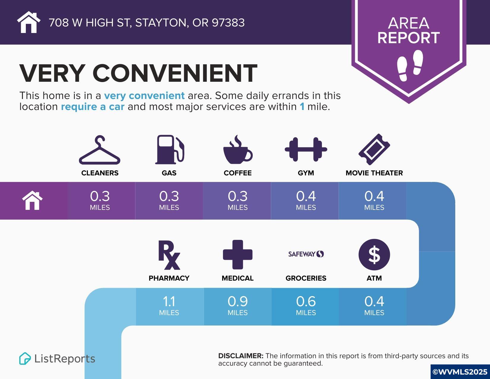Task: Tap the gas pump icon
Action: pyautogui.click(x=170, y=150)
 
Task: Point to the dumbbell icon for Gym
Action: pyautogui.click(x=306, y=149)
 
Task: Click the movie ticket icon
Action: pyautogui.click(x=374, y=149)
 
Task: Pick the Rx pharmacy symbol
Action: pyautogui.click(x=169, y=255)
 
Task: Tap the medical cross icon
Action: pyautogui.click(x=238, y=255)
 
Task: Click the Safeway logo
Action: pyautogui.click(x=306, y=254)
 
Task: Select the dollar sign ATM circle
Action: pyautogui.click(x=374, y=255)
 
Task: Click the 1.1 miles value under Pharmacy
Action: pyautogui.click(x=169, y=306)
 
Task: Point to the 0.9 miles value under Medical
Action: pyautogui.click(x=238, y=306)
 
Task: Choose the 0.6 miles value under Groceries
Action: pyautogui.click(x=306, y=306)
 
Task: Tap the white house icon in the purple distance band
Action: pyautogui.click(x=32, y=200)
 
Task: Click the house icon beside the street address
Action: pyautogui.click(x=29, y=22)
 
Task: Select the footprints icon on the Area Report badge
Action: pyautogui.click(x=410, y=65)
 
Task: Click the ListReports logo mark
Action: pyautogui.click(x=25, y=358)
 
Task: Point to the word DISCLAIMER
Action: pyautogui.click(x=241, y=356)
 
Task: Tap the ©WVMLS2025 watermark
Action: pyautogui.click(x=460, y=372)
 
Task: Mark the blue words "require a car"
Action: pyautogui.click(x=93, y=106)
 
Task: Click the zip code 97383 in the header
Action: pyautogui.click(x=228, y=23)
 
